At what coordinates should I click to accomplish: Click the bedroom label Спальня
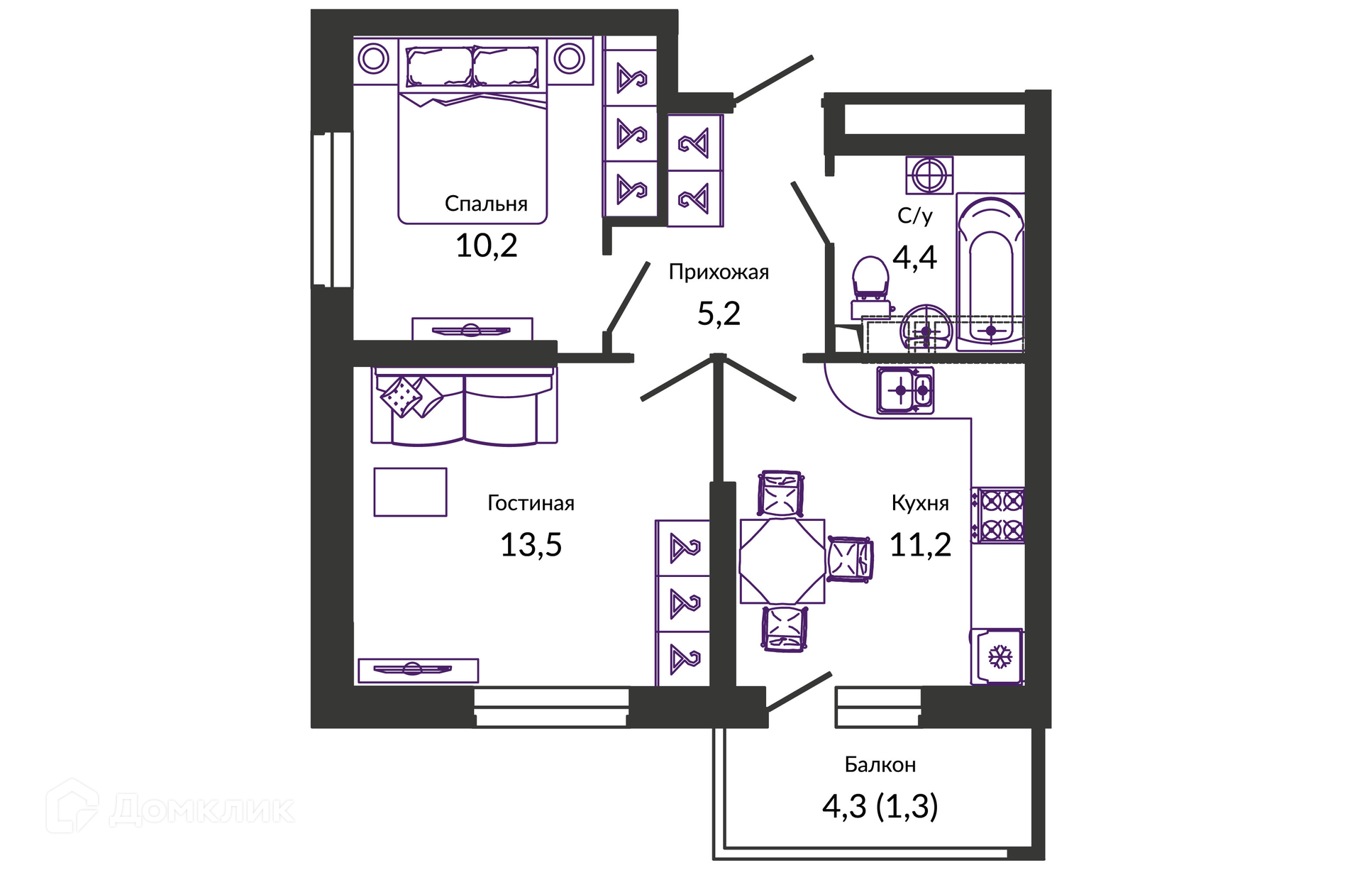click(486, 204)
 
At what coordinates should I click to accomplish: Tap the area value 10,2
click(486, 246)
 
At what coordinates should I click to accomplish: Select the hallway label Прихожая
click(719, 272)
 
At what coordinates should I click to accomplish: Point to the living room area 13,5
click(531, 545)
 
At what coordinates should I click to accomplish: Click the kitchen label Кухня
click(920, 503)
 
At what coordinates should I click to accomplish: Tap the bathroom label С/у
click(914, 216)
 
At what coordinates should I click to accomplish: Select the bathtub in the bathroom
click(990, 272)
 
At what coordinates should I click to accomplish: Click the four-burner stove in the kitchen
click(998, 515)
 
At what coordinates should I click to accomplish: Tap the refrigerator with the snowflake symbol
click(997, 656)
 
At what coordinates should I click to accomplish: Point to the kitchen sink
click(905, 390)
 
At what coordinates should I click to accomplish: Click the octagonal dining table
click(782, 561)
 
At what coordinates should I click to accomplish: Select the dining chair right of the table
click(850, 560)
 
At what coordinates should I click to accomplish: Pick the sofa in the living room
click(465, 406)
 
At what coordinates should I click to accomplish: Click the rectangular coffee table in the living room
click(410, 492)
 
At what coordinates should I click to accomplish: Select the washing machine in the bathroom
click(929, 175)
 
